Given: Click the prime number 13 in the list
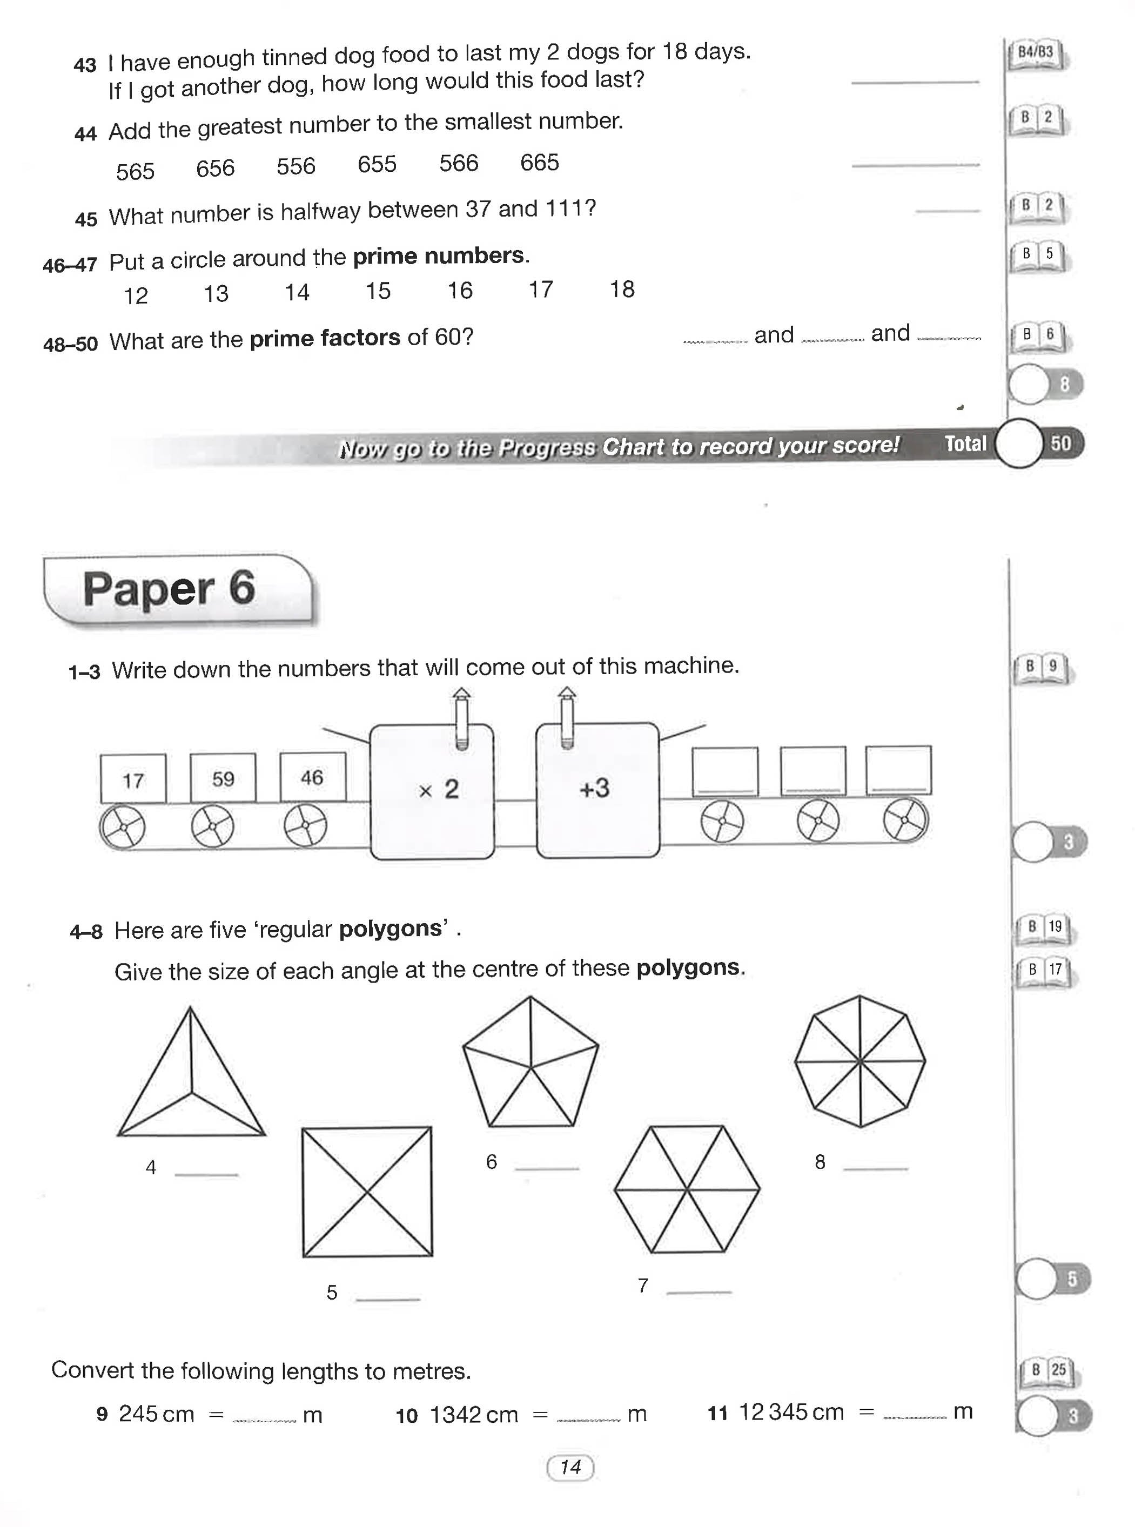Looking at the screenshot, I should coord(216,294).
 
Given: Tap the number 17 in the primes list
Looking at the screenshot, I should coord(541,290).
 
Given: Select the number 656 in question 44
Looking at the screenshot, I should coord(215,169).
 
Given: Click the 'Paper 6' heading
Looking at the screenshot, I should coord(169,589).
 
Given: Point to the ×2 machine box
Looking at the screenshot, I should coord(432,790).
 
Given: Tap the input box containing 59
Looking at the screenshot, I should coord(223,778).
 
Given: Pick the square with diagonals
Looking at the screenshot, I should coord(367,1191).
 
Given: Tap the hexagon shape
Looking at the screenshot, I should coord(687,1188).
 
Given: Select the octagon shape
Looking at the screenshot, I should coord(860,1061).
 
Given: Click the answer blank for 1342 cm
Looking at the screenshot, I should coord(588,1417).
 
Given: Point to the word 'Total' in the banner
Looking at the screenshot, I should coord(965,445).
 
